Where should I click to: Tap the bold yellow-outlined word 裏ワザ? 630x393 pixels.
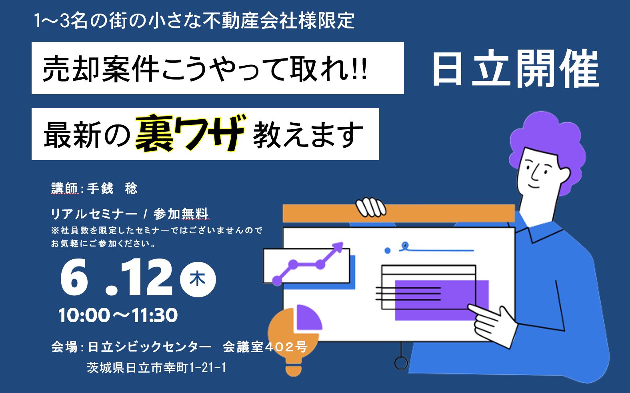[191, 133]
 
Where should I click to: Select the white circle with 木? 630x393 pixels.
[198, 279]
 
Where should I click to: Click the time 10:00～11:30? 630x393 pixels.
[118, 315]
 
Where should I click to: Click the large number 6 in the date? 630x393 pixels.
[74, 277]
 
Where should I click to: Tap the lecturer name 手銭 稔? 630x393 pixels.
[112, 188]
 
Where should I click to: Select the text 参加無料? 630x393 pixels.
[181, 214]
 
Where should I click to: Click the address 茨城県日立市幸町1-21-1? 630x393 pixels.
[156, 368]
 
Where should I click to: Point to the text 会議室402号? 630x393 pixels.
[265, 347]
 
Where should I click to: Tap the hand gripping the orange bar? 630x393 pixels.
[370, 208]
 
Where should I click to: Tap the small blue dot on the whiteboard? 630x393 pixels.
[388, 251]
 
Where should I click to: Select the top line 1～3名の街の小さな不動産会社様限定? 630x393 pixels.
[194, 21]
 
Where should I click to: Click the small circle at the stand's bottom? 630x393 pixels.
[401, 363]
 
